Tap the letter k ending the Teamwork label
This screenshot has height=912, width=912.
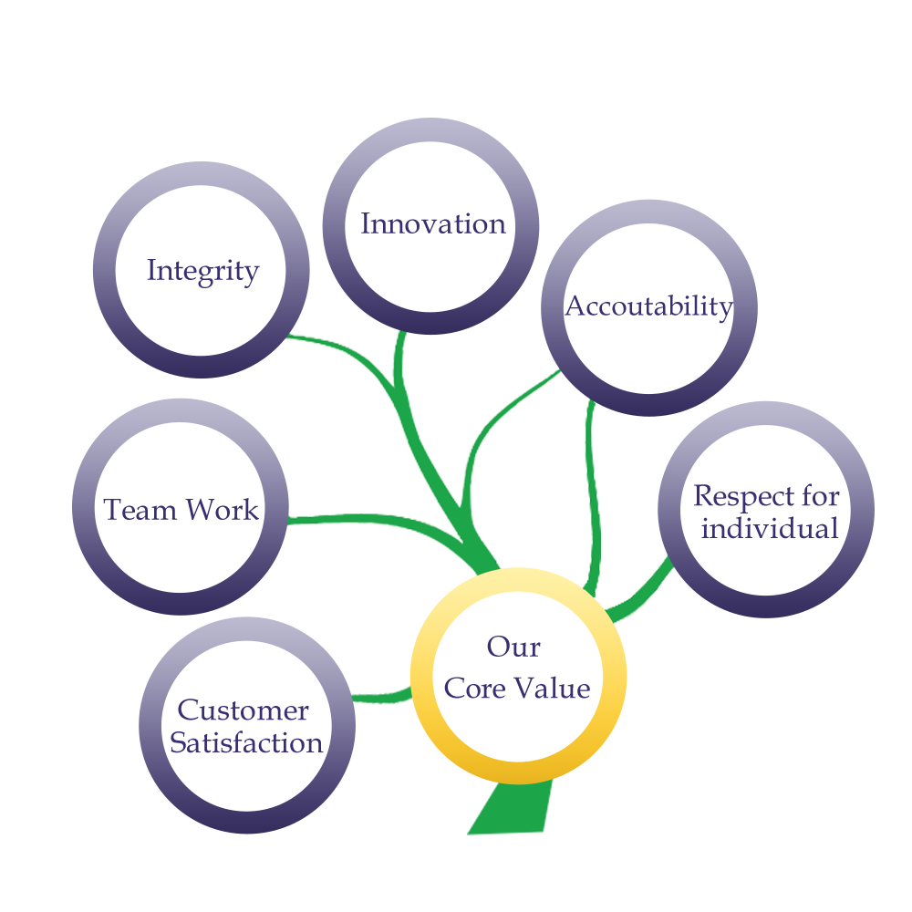point(250,510)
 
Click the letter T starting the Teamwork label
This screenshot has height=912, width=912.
point(111,509)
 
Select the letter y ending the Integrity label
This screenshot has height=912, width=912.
point(250,273)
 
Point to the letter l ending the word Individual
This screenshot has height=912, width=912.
point(833,528)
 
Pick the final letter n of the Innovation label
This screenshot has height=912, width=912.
point(497,224)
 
